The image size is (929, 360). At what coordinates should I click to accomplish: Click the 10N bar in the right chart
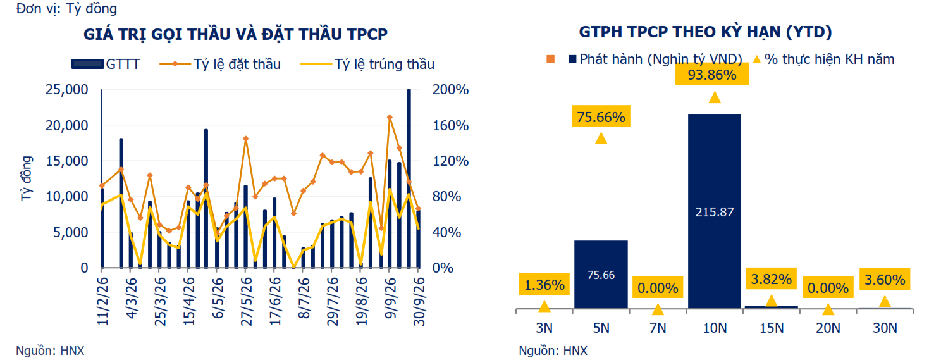714,211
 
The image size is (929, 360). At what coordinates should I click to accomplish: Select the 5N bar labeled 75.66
601,275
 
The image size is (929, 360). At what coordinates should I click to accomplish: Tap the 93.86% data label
712,75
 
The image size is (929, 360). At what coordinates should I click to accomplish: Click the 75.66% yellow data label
601,116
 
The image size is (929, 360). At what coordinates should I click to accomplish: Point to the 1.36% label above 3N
544,285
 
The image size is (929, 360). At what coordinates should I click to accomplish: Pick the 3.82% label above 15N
771,279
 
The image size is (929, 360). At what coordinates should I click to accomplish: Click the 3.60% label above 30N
885,280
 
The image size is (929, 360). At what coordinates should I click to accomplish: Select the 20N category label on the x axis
828,328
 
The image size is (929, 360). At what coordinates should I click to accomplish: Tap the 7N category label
658,328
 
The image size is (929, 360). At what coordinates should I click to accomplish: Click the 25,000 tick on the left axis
67,90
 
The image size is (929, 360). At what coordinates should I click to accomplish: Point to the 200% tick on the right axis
450,90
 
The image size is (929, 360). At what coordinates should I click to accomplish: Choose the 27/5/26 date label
247,301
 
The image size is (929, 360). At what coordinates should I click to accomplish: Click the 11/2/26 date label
102,301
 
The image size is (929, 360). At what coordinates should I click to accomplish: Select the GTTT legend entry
106,65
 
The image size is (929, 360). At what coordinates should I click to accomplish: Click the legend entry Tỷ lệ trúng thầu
367,65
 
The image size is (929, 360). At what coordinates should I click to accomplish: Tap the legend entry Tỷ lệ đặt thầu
220,65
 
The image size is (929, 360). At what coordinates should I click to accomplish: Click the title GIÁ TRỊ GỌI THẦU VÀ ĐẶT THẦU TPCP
235,34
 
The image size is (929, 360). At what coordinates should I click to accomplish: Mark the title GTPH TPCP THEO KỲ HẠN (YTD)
706,32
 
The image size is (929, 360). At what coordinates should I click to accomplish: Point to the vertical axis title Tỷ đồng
26,178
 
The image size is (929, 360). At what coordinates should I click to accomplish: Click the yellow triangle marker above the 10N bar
715,97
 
